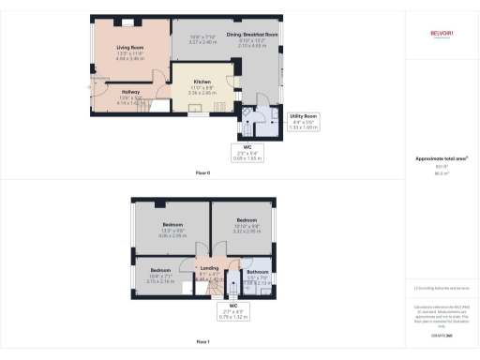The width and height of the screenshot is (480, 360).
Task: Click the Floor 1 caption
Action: click(202, 341)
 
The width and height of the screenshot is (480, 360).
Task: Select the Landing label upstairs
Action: click(208, 267)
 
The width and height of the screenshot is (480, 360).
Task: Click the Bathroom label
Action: click(257, 272)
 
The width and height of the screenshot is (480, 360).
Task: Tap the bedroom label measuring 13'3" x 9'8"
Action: click(172, 225)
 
